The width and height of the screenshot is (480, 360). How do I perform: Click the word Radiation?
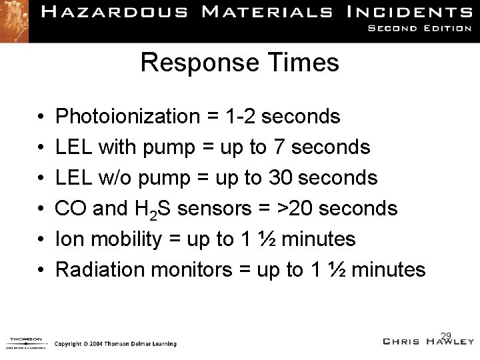[101, 269]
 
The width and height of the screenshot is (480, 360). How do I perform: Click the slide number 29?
[446, 335]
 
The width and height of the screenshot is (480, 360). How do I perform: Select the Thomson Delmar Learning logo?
[25, 343]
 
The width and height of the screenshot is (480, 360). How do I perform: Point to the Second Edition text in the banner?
[420, 29]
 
